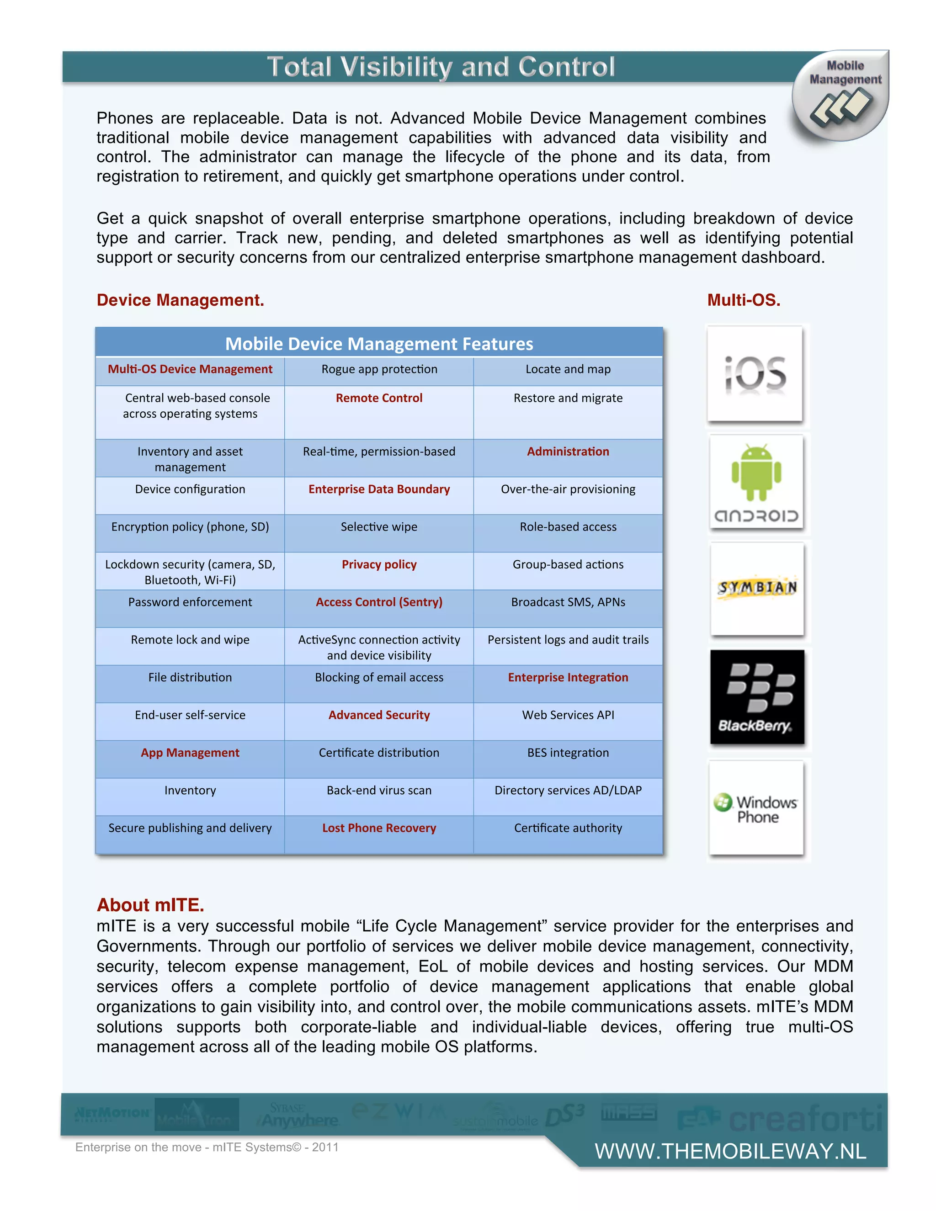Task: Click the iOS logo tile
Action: [x=755, y=374]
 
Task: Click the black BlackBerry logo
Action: [x=757, y=696]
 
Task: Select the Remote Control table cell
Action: [x=379, y=398]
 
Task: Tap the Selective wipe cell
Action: [x=379, y=527]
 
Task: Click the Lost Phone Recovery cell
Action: [x=379, y=828]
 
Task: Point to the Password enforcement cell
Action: [x=190, y=602]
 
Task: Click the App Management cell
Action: [x=190, y=753]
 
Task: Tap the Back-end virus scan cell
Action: [x=379, y=790]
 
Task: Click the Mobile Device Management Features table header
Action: [x=379, y=344]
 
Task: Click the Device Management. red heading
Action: [x=180, y=300]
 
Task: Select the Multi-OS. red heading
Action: [x=744, y=300]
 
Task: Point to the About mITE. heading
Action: [x=150, y=905]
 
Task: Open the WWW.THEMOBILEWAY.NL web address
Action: [x=730, y=1151]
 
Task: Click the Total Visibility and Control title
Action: [x=441, y=67]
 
